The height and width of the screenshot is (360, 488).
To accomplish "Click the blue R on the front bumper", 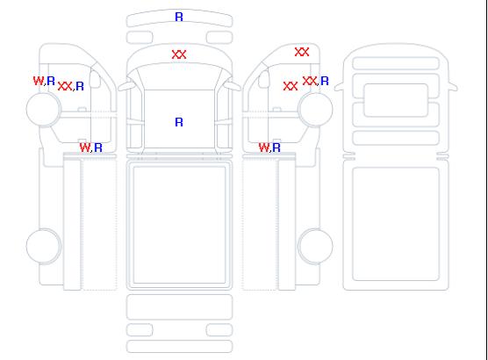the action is click(179, 17).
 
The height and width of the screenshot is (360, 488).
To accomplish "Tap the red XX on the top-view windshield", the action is click(179, 54).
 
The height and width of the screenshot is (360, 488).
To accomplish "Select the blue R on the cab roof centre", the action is click(179, 122).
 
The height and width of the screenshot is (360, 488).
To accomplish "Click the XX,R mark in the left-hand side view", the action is click(71, 86).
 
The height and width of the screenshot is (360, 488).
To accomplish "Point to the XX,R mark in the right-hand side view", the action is click(316, 81).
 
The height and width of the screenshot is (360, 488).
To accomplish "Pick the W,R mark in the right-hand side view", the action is click(269, 148).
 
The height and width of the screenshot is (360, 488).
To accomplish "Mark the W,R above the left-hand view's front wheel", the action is click(44, 81).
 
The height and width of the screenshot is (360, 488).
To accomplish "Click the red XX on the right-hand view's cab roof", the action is click(302, 52).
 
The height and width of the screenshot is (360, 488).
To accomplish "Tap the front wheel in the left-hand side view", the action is click(44, 109).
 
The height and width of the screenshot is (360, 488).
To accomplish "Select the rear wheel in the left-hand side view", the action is click(44, 246).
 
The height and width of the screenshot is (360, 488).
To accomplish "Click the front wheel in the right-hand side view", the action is click(315, 109).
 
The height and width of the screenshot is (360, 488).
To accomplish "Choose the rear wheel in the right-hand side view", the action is click(315, 246).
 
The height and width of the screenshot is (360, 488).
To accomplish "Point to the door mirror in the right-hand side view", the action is click(264, 79).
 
